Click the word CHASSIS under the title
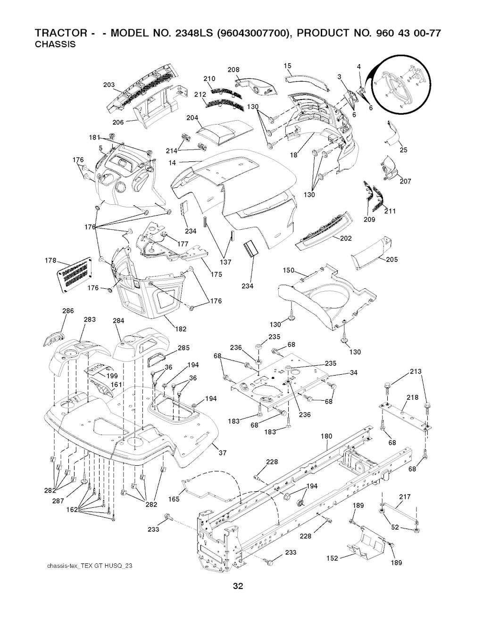click(55, 44)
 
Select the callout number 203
click(109, 85)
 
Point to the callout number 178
click(50, 260)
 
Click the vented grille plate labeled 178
click(75, 275)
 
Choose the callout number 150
click(289, 270)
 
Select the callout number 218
click(412, 397)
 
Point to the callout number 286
click(68, 310)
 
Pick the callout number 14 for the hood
click(172, 163)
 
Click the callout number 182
click(181, 329)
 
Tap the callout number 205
click(392, 260)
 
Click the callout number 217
click(405, 497)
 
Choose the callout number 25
click(403, 150)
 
